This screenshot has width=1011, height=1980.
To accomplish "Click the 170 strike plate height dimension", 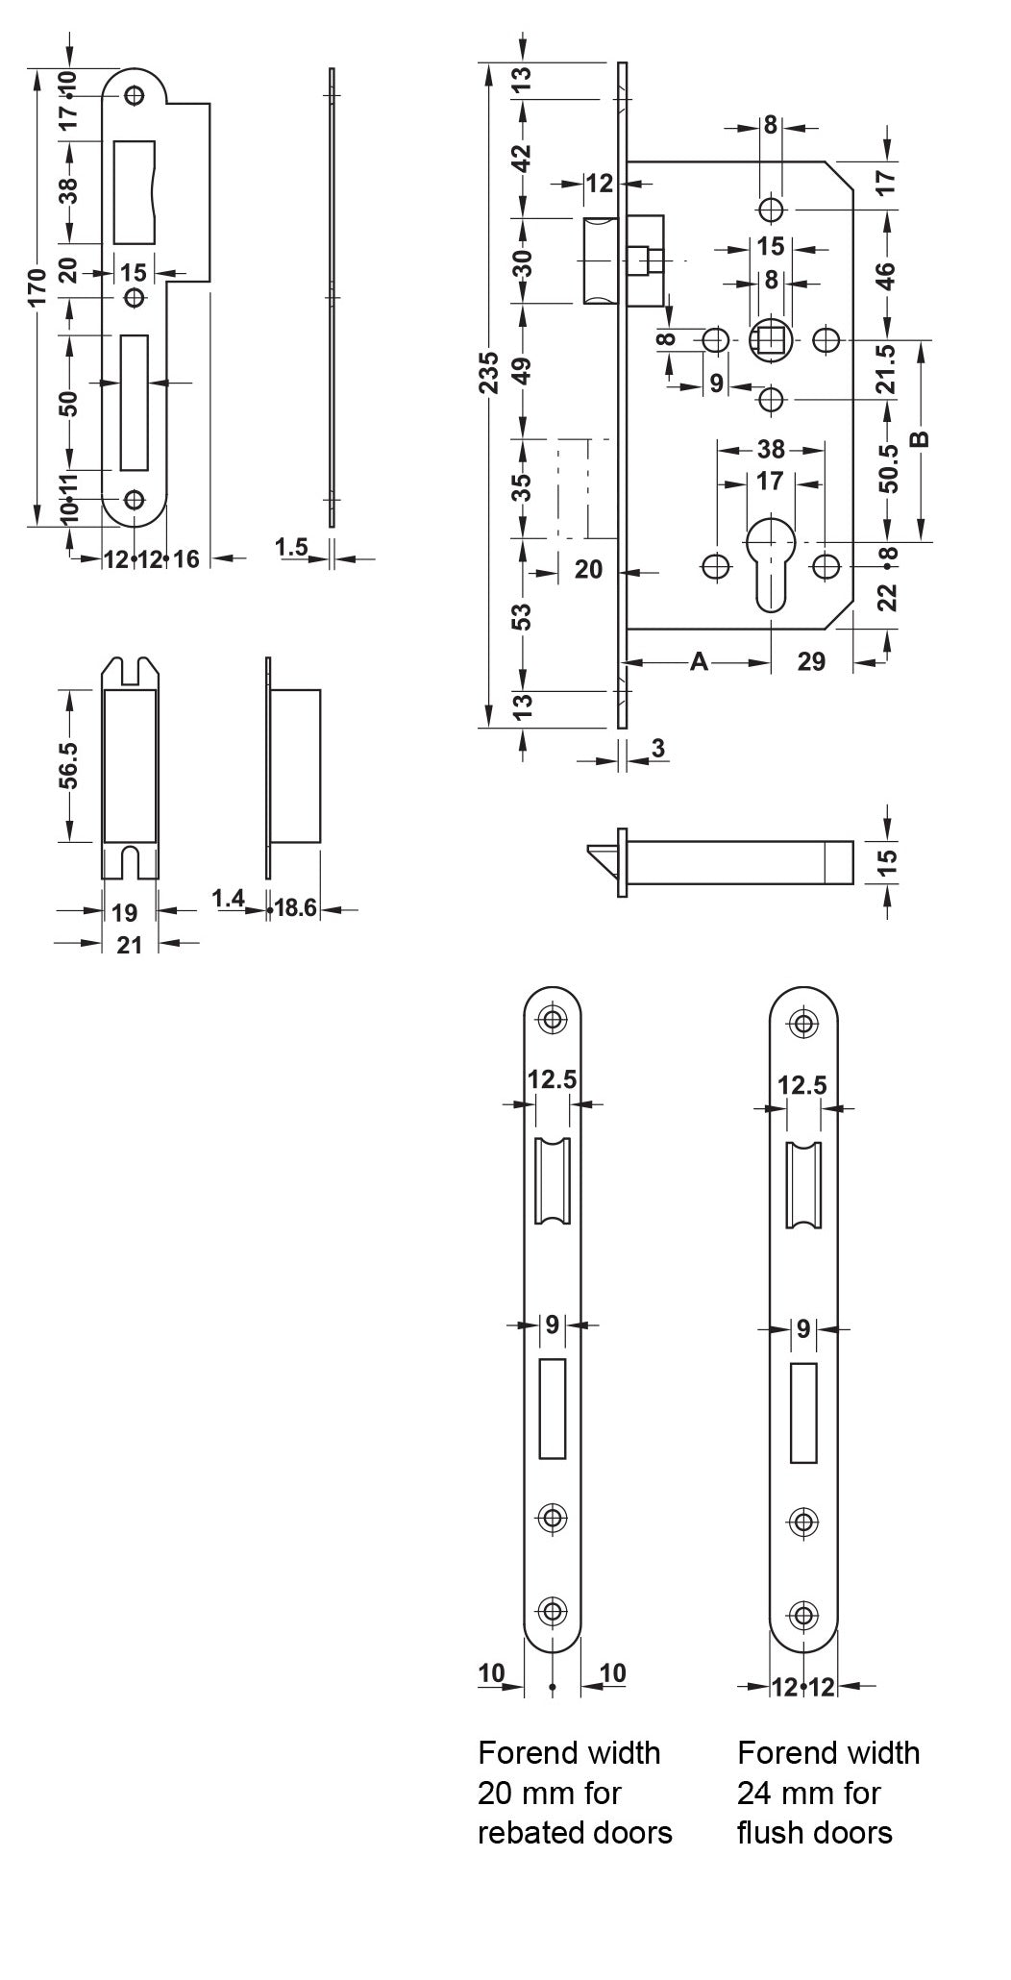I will (37, 285).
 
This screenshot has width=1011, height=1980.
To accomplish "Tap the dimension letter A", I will (700, 661).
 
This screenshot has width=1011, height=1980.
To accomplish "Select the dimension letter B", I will (920, 439).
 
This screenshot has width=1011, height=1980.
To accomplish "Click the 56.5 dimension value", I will (68, 764).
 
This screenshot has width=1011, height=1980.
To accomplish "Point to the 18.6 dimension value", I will (296, 907).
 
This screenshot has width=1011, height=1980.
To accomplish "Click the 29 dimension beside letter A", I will (811, 661).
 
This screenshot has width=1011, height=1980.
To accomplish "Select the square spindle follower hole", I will (771, 339).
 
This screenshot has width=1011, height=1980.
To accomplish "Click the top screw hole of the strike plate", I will (135, 95).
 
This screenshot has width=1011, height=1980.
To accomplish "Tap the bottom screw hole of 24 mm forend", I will (803, 1616).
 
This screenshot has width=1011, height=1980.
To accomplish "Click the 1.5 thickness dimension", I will (290, 547).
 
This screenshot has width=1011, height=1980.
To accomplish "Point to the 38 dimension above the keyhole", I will (771, 448).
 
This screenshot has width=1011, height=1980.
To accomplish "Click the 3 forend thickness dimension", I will (657, 748).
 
